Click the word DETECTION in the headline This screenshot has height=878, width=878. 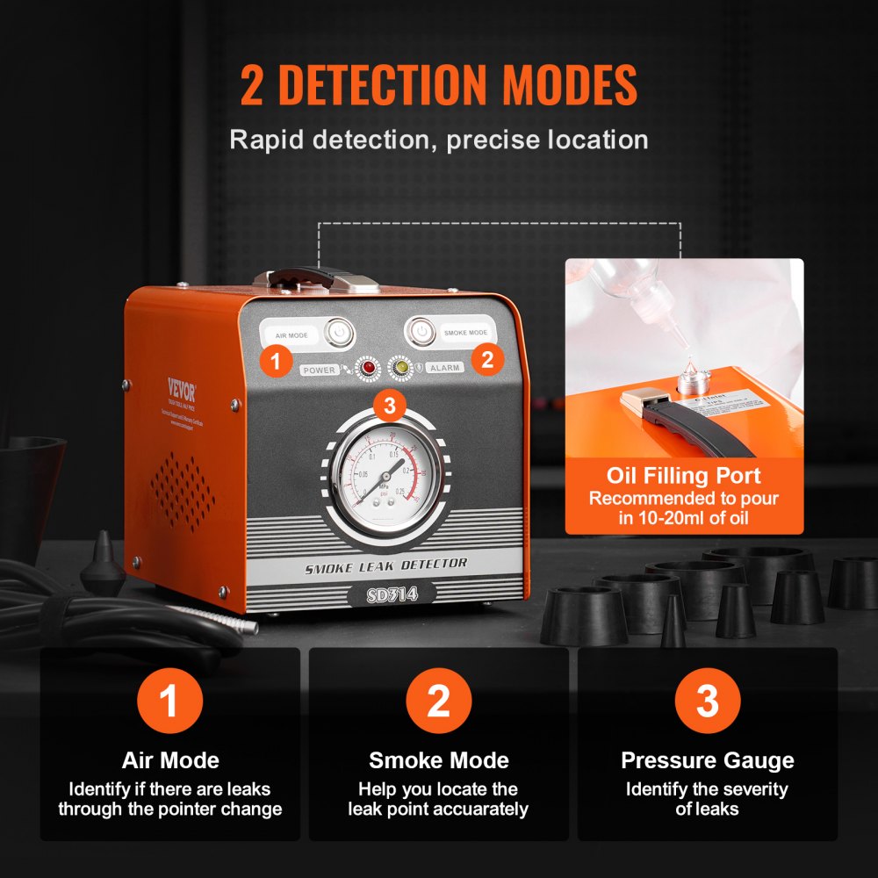[412, 85]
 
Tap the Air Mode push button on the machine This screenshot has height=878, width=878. [338, 333]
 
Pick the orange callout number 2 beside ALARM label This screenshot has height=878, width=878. [488, 357]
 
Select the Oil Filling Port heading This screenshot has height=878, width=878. [684, 476]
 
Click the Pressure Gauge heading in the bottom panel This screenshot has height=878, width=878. [707, 760]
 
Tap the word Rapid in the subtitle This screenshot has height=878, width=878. [269, 140]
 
